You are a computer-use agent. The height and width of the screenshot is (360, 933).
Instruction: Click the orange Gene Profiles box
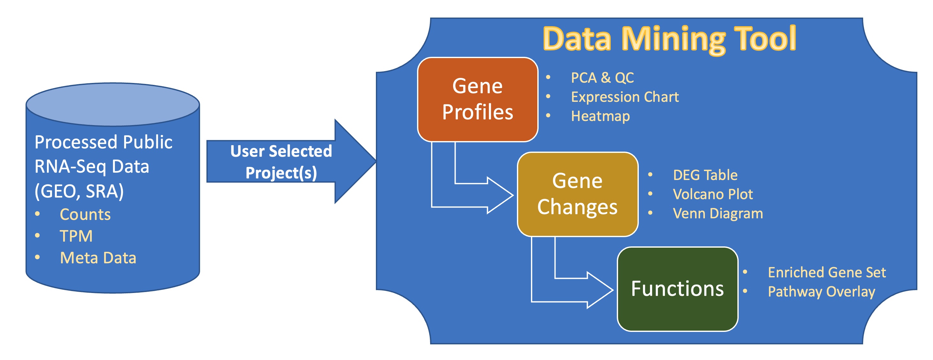coord(477,99)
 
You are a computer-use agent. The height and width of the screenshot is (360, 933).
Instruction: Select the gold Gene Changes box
coord(577,194)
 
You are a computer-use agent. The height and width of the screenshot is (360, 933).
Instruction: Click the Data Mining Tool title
coord(669,39)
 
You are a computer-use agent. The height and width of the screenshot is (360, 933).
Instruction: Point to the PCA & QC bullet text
coord(602,78)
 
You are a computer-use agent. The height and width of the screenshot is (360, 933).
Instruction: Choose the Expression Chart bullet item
coord(624,97)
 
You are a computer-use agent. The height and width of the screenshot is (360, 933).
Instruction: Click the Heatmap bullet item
coord(600,116)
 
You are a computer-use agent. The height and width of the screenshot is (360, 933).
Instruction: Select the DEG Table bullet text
coord(705,175)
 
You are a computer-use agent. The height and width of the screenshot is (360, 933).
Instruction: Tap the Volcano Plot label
coord(713,194)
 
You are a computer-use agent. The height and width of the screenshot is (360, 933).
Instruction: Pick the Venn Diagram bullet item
coord(718,213)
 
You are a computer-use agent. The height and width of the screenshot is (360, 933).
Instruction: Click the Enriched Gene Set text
coord(826,272)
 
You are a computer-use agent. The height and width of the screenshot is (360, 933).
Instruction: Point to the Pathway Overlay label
coord(821,292)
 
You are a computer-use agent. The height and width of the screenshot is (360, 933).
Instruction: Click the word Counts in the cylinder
coord(85,214)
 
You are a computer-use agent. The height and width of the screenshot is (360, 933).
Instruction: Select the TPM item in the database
coord(76,236)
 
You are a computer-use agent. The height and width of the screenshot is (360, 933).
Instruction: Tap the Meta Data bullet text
coord(98,258)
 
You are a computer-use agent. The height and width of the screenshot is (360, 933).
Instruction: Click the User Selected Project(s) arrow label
coord(281,161)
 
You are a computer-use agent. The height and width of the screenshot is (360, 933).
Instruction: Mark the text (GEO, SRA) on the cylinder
coord(79,191)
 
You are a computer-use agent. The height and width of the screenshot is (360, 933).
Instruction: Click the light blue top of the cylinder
coord(113,104)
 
